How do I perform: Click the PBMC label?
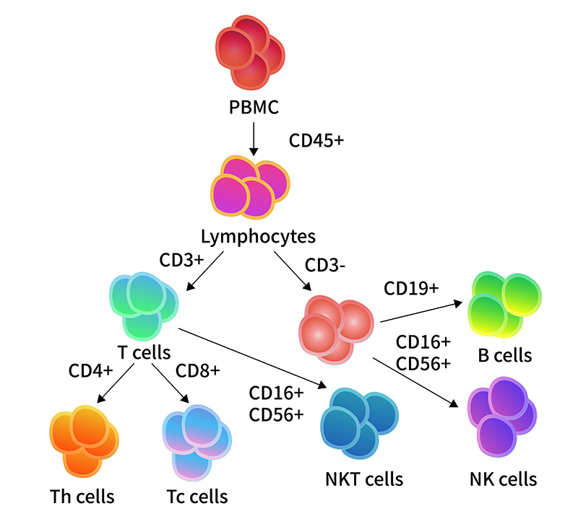tap(254, 107)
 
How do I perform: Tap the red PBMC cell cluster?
tap(250, 52)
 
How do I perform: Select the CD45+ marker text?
tap(316, 140)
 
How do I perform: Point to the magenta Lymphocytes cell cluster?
tap(250, 187)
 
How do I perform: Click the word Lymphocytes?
tap(258, 237)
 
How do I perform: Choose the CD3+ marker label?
tap(181, 260)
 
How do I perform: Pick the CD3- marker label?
tap(324, 265)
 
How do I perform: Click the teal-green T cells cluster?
tap(144, 306)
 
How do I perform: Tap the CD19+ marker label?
tap(411, 288)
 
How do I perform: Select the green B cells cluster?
tap(504, 305)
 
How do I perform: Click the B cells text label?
tap(504, 355)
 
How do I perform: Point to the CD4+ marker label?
tap(91, 370)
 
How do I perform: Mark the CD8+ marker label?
tap(197, 371)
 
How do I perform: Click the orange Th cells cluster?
tap(84, 442)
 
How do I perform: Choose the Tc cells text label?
tap(197, 497)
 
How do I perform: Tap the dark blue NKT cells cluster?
tap(359, 423)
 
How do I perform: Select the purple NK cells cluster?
tap(502, 417)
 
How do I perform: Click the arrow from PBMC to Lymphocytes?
tap(254, 139)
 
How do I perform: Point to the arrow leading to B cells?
tap(421, 312)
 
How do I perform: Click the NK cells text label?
tap(503, 479)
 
